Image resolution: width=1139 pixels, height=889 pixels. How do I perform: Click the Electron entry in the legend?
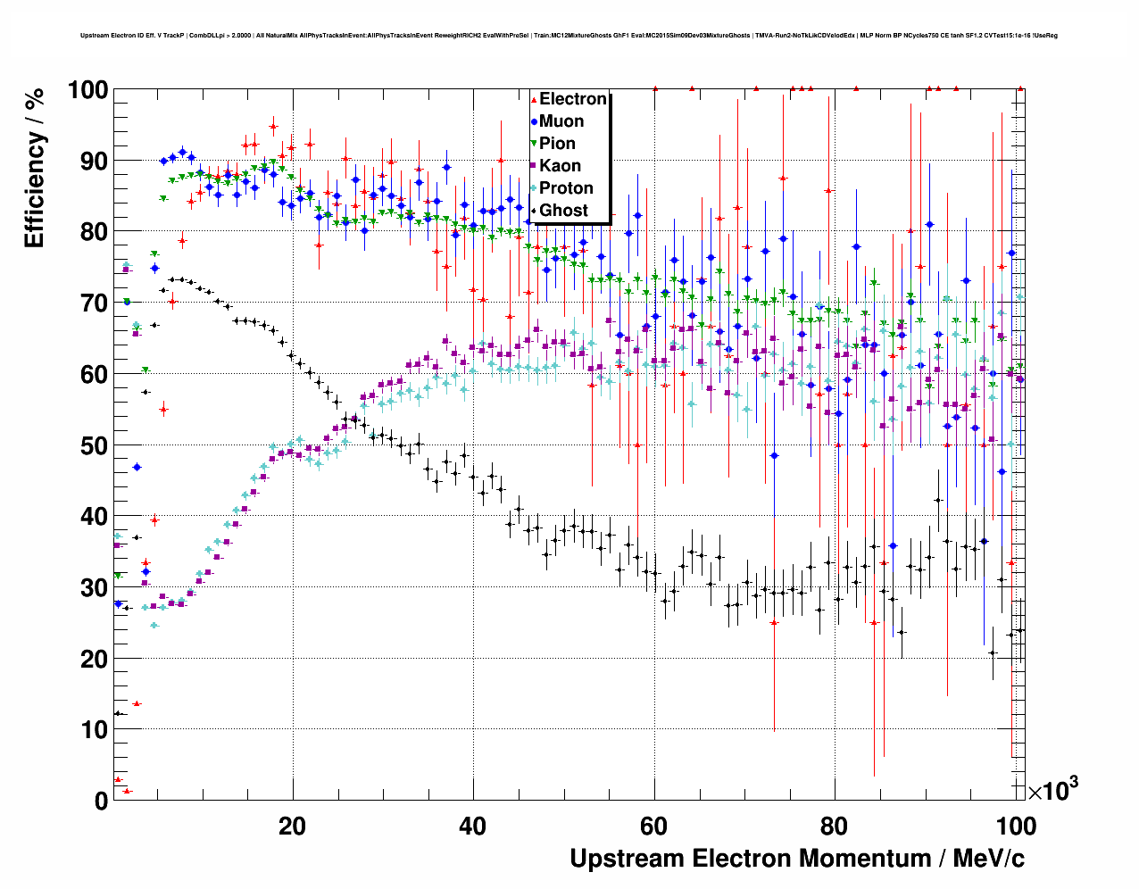click(572, 99)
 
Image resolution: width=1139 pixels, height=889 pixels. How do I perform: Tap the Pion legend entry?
click(557, 144)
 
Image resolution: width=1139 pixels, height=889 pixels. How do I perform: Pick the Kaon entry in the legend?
click(560, 166)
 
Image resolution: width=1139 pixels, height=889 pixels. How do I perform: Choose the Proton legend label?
click(566, 188)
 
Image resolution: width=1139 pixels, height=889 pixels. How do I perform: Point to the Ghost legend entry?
click(563, 211)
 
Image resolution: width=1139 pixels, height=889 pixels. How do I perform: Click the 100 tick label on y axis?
click(87, 90)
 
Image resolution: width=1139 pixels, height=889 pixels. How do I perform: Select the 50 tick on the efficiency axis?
click(94, 445)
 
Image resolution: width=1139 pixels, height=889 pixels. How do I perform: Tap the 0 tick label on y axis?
click(101, 801)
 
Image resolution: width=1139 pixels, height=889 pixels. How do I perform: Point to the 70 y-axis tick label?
click(94, 303)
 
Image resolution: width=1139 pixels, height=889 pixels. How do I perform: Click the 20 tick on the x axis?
click(292, 826)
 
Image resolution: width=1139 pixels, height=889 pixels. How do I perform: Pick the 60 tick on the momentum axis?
click(653, 826)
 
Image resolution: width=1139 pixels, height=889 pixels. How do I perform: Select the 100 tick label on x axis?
click(1015, 826)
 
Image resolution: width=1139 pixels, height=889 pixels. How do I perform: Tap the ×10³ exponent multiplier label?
click(1052, 790)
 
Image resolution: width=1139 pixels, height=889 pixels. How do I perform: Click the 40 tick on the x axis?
click(472, 826)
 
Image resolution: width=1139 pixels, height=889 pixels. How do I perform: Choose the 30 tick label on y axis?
click(94, 587)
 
